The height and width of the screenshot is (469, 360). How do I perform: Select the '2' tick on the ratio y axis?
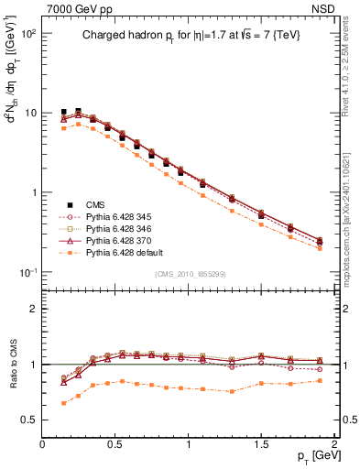click(x=32, y=309)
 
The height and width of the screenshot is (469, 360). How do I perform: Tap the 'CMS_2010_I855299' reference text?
click(x=190, y=275)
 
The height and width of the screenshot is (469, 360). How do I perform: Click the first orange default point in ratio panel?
click(x=63, y=403)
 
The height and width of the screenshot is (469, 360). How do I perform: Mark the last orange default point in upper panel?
click(x=320, y=248)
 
